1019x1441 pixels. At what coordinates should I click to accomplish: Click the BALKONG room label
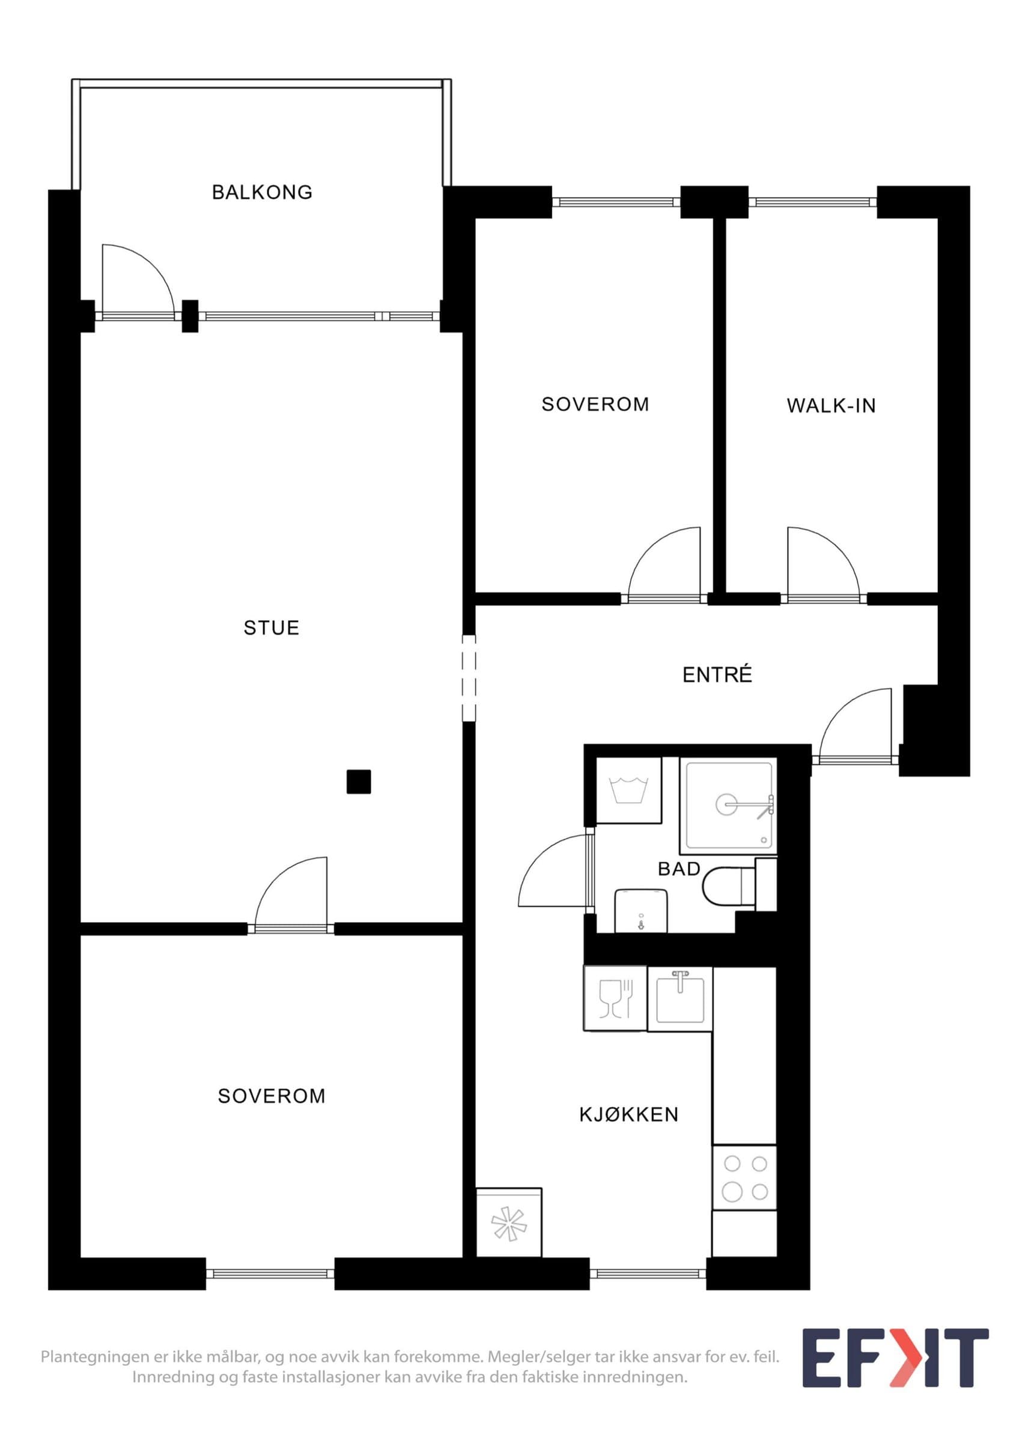click(x=263, y=192)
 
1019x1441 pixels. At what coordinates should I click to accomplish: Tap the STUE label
click(x=272, y=627)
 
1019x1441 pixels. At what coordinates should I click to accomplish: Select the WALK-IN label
click(x=832, y=406)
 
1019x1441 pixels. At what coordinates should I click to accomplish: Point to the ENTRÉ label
click(x=717, y=674)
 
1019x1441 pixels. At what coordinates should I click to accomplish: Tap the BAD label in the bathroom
click(x=680, y=869)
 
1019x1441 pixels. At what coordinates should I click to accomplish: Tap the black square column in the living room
click(x=359, y=781)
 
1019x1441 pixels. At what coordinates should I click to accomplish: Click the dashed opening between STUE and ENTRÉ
click(x=469, y=678)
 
